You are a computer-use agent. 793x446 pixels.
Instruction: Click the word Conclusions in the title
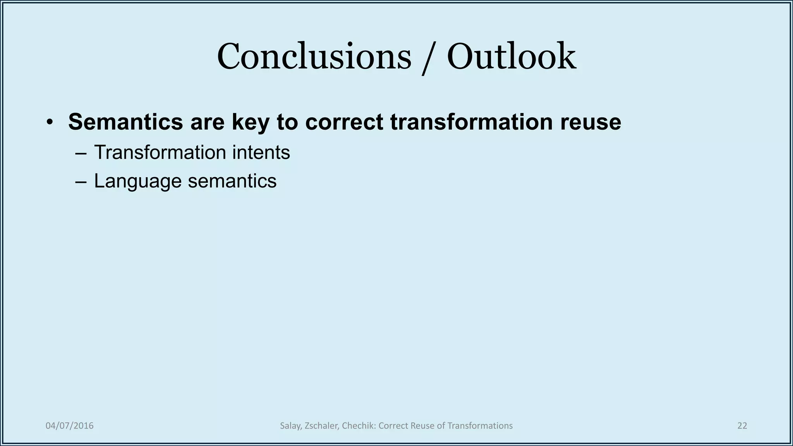point(314,57)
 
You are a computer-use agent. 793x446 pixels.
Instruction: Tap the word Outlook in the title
point(511,57)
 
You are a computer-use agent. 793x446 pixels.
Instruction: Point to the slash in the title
point(429,58)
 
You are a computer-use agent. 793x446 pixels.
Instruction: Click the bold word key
point(250,122)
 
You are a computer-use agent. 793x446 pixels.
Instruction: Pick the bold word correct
point(344,122)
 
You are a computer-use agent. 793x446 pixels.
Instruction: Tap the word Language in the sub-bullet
point(137,181)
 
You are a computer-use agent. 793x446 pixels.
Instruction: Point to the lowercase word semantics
point(232,181)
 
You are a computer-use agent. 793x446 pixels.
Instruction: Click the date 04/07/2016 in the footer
point(70,426)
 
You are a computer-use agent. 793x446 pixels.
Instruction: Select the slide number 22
point(742,426)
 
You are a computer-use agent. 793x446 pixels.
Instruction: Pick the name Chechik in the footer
point(359,426)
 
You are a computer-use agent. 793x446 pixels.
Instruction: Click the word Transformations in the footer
point(480,426)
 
